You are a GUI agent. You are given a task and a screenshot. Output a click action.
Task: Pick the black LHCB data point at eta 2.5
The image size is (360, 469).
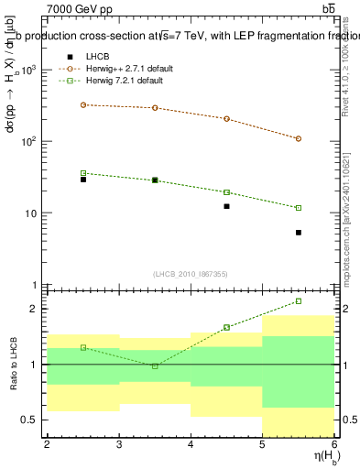82,180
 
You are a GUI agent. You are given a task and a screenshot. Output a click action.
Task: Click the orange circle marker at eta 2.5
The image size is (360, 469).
82,104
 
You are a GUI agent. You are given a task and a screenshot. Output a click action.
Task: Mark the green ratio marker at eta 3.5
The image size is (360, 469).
155,365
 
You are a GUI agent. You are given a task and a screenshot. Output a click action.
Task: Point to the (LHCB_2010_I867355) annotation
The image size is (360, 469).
191,275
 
